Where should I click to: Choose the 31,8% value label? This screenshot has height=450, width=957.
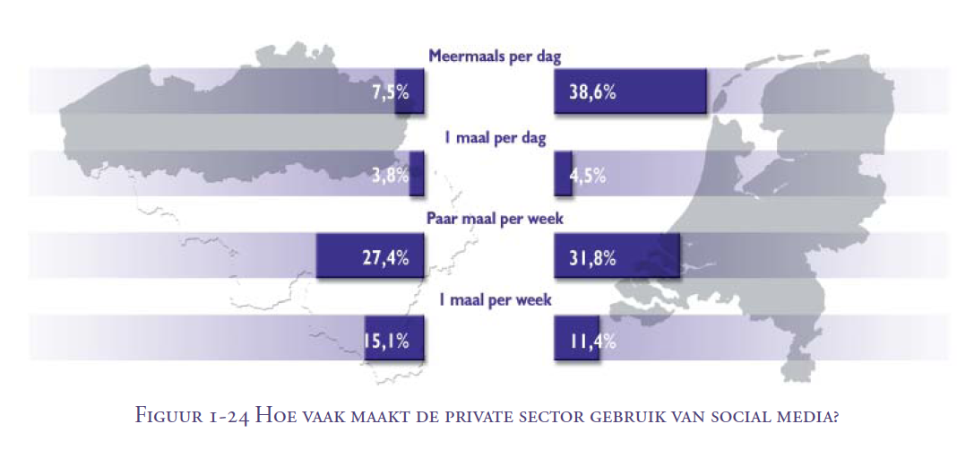tap(591, 258)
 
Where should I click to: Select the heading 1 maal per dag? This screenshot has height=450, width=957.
tap(495, 139)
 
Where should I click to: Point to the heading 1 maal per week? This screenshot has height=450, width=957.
tap(495, 300)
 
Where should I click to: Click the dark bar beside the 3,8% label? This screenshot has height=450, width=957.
tap(417, 174)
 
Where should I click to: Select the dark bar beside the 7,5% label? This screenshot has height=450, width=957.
tap(410, 91)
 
